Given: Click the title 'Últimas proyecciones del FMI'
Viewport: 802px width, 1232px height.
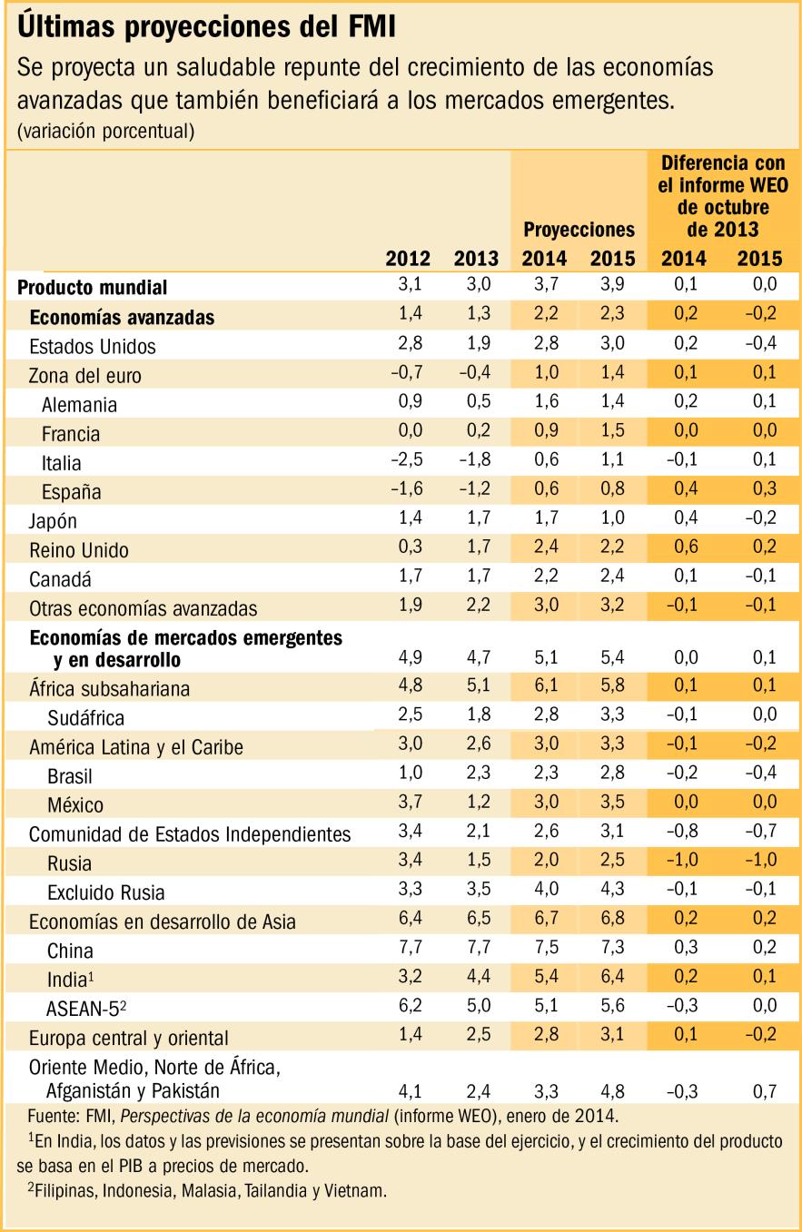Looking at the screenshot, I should click(x=205, y=27).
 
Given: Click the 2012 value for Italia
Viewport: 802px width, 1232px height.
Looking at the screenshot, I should click(x=405, y=462).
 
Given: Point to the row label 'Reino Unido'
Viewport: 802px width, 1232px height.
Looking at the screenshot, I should click(x=79, y=549).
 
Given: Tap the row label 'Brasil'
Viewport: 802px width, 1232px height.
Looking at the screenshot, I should click(x=70, y=776).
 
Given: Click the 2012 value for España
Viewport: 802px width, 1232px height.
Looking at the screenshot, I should click(x=405, y=491).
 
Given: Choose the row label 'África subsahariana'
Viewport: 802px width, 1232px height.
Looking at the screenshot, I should click(x=110, y=689).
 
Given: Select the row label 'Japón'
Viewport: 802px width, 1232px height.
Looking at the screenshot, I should click(x=54, y=520).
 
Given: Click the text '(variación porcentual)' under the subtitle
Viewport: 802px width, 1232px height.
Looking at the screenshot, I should click(x=105, y=132).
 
